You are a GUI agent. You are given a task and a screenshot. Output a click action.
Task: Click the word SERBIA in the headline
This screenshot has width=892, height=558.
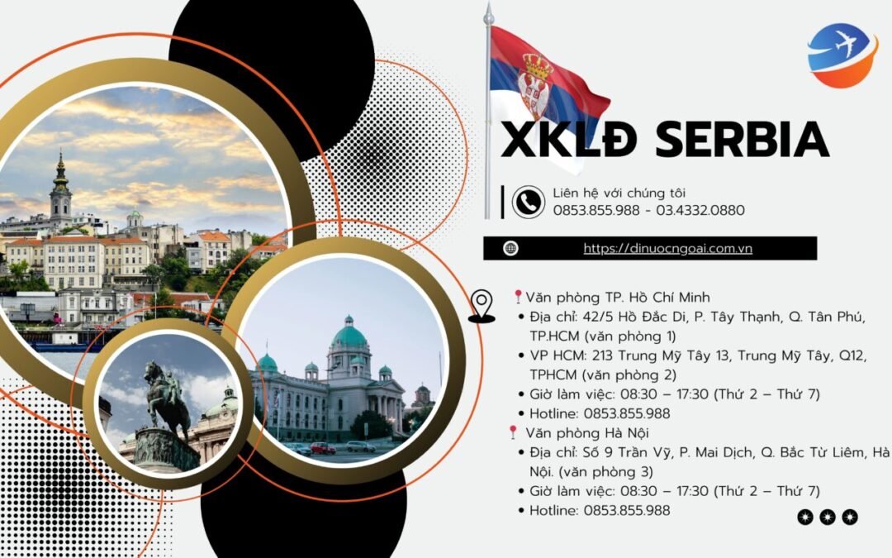point(742,139)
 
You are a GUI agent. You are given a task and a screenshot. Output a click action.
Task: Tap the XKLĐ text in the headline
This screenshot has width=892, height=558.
point(568,139)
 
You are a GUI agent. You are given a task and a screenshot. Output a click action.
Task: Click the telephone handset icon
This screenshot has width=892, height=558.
point(529,202)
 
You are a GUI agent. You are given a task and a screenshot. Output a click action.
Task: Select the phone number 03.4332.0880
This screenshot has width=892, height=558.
point(700,211)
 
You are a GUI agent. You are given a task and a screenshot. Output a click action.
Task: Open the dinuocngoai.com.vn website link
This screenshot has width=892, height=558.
point(668,248)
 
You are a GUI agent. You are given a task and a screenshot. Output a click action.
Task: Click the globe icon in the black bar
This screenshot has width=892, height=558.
point(510,248)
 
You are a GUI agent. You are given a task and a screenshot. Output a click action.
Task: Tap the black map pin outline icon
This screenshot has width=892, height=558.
point(482,307)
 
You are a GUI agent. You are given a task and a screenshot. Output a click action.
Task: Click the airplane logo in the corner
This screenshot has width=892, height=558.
point(842,55)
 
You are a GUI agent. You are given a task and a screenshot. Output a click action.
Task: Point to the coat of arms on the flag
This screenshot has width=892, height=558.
point(534,84)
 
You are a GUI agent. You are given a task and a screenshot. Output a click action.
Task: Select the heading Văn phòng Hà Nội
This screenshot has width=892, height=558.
point(587,433)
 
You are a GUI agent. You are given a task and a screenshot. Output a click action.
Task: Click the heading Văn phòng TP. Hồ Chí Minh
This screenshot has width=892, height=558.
point(617,298)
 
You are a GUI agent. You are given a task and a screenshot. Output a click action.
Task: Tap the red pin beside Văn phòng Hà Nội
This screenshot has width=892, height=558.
point(513,432)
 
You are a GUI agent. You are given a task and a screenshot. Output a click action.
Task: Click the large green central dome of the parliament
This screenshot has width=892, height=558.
point(349,335)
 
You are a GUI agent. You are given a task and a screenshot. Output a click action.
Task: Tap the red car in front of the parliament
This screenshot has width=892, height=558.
point(323,448)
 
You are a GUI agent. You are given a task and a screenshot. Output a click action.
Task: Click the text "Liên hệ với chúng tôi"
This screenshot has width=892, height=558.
point(619,193)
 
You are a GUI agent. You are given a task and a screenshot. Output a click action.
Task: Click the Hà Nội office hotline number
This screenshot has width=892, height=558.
point(627,510)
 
